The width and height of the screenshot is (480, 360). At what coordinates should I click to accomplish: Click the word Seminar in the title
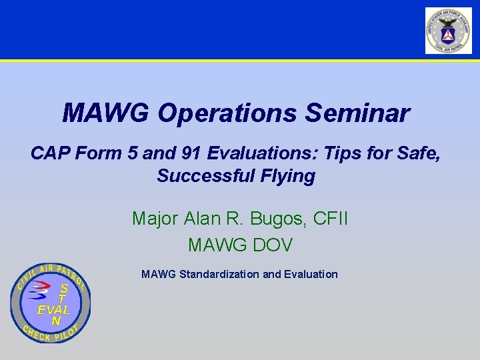click(357, 113)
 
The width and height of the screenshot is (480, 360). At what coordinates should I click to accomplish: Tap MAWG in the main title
click(106, 113)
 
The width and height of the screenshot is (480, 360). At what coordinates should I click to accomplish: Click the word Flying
click(288, 176)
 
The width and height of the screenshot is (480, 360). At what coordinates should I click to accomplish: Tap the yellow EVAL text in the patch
click(53, 310)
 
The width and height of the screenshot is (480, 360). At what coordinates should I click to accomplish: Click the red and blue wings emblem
click(41, 291)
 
